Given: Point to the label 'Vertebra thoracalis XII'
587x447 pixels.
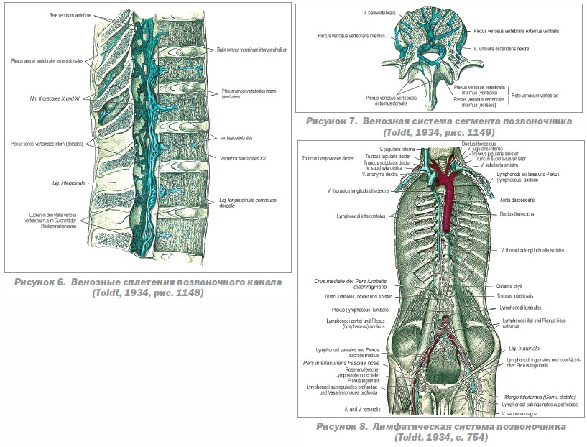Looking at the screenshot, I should pos(244,157).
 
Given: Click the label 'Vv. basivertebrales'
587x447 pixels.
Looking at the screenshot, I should pos(237,137).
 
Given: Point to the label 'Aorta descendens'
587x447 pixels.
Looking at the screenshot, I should pos(518,200).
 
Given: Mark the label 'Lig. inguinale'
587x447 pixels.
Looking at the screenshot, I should pos(522,348).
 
